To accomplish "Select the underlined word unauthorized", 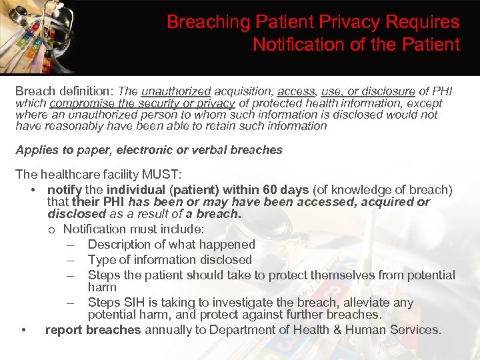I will click(x=175, y=91).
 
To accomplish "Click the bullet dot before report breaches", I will click(x=24, y=330).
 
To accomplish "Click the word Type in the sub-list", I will click(x=102, y=260).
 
